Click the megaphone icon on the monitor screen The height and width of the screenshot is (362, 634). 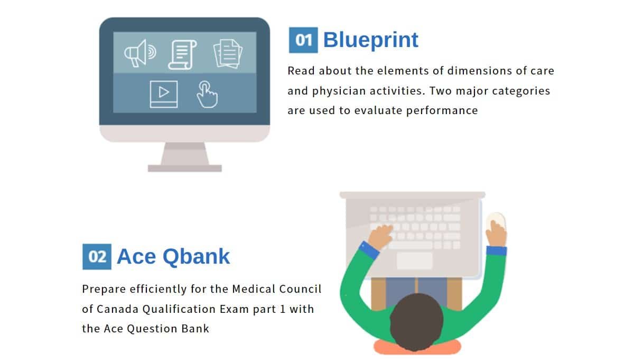tap(140, 53)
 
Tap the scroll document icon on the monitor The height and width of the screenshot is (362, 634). tap(183, 54)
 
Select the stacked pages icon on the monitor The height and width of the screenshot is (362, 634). tap(228, 54)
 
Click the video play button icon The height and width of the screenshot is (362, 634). tap(164, 94)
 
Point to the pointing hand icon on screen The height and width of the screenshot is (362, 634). tap(208, 95)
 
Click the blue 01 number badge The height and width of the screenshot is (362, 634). tap(303, 40)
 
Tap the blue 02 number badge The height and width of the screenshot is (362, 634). tap(97, 256)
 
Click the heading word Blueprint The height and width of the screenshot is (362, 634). tap(371, 40)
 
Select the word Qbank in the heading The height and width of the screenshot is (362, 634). tap(196, 256)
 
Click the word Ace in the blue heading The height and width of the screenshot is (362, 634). tap(136, 256)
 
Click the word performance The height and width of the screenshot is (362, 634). tap(442, 110)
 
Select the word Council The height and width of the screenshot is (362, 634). tap(300, 289)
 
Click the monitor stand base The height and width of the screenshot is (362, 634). tap(185, 168)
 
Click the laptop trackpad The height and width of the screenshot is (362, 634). tap(415, 261)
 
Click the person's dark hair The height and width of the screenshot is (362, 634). tap(416, 322)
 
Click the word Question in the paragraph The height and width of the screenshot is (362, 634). tap(152, 329)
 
